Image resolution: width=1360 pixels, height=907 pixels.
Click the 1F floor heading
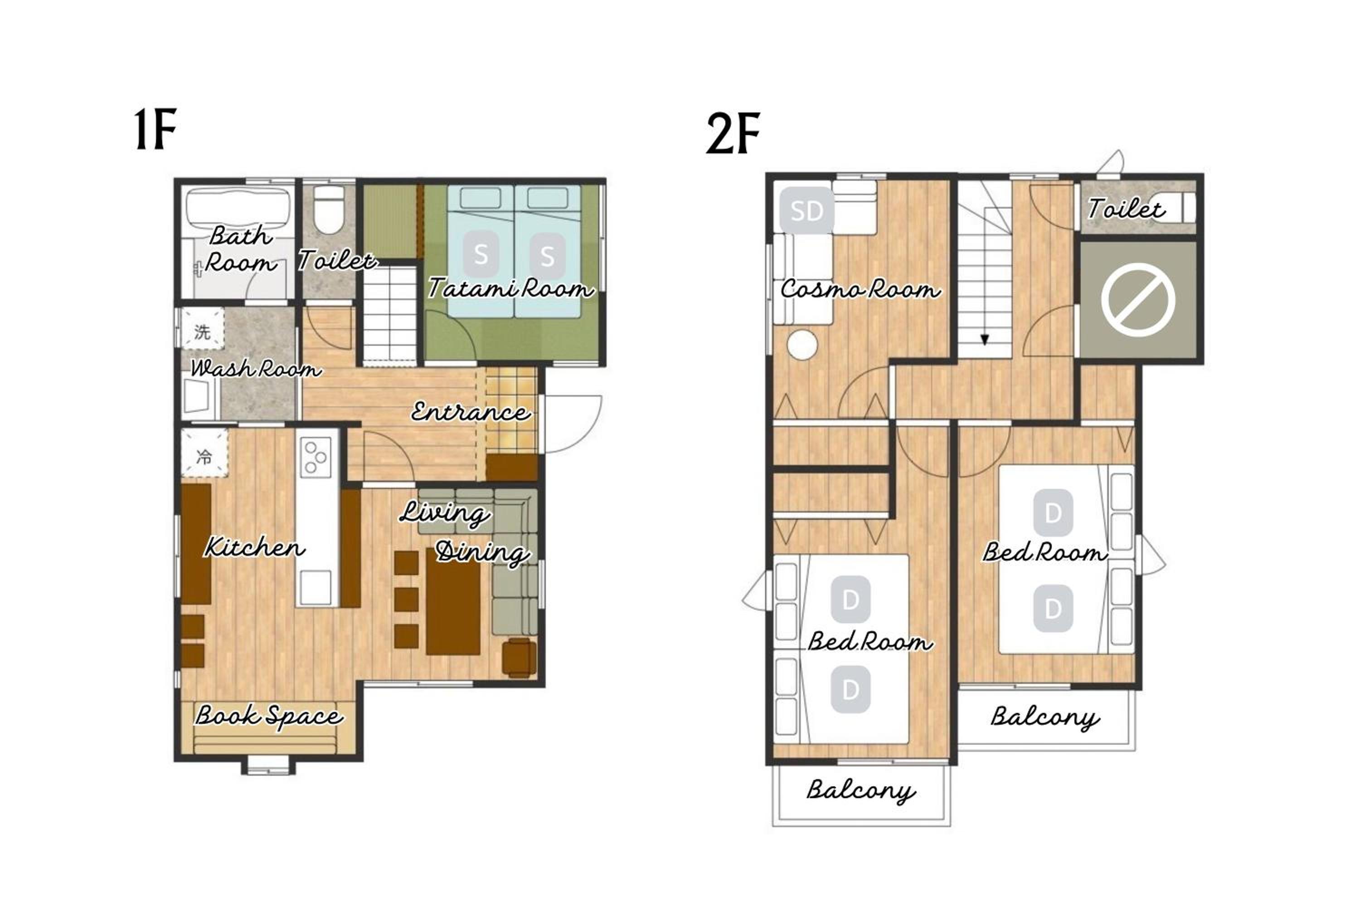click(x=155, y=129)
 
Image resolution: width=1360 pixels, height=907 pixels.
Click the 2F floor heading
click(x=733, y=134)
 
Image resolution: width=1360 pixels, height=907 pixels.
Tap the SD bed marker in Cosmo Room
click(x=806, y=211)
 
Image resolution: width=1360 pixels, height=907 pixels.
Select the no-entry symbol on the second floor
click(x=1138, y=300)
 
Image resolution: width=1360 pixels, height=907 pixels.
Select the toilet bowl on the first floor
click(x=329, y=210)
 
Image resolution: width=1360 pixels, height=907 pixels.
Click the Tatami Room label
click(x=510, y=288)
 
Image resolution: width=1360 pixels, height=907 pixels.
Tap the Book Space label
click(x=269, y=716)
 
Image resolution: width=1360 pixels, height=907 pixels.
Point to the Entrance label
click(x=470, y=412)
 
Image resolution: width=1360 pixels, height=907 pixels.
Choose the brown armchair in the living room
click(x=519, y=657)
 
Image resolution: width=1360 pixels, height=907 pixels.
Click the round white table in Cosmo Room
click(x=802, y=345)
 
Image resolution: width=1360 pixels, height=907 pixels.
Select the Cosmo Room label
click(x=860, y=288)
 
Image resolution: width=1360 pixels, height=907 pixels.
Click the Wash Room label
click(x=256, y=368)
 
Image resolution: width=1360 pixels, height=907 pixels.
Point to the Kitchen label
click(x=254, y=546)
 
